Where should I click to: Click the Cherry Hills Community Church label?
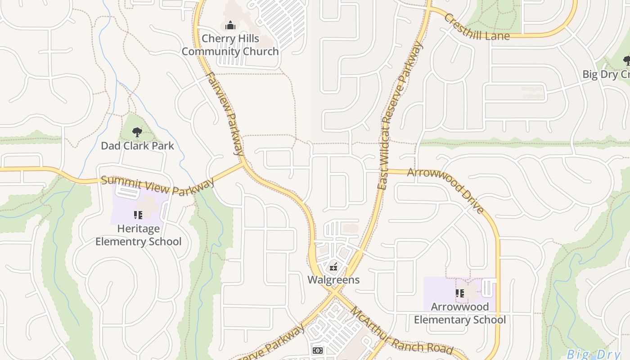[230, 45]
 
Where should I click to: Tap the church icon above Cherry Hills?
[230, 25]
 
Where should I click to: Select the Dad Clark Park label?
[137, 146]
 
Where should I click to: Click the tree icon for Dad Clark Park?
[137, 132]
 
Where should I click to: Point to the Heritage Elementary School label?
[138, 235]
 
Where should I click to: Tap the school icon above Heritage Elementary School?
[138, 215]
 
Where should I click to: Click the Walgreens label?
[333, 280]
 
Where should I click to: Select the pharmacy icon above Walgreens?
[333, 267]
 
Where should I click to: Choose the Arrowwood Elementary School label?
[459, 313]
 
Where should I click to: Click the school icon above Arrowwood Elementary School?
[459, 293]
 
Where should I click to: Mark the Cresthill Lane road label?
[476, 28]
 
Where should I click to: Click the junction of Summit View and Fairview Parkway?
[243, 165]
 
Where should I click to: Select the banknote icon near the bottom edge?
[318, 350]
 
